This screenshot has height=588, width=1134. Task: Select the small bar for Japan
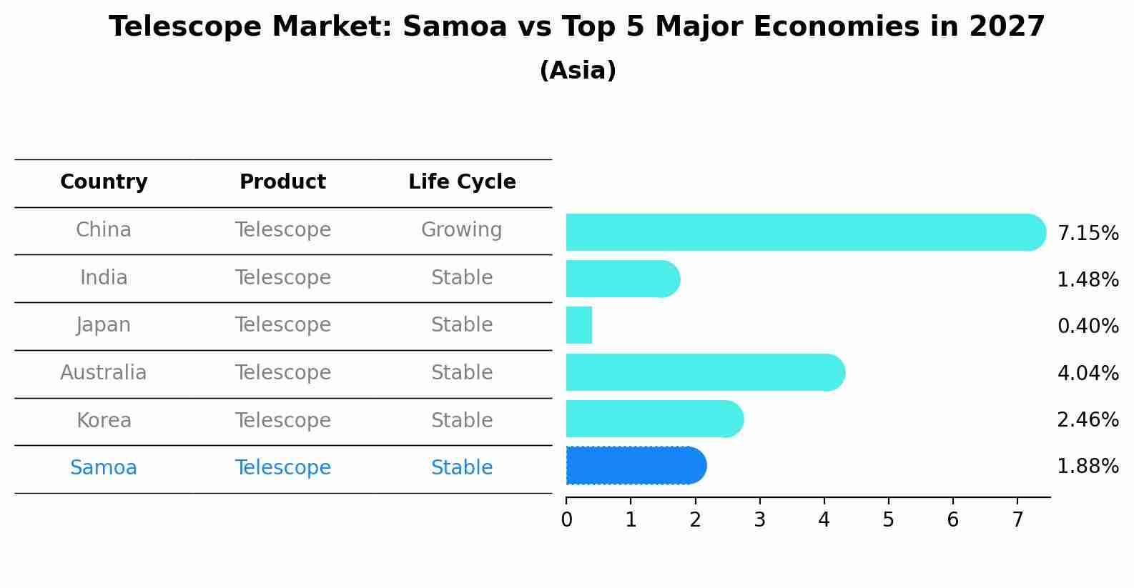pyautogui.click(x=579, y=325)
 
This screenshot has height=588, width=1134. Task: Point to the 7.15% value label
pyautogui.click(x=1088, y=234)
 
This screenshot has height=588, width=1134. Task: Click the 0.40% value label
pyautogui.click(x=1088, y=327)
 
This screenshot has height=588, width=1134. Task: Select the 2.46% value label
pyautogui.click(x=1088, y=420)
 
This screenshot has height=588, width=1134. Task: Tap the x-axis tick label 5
pyautogui.click(x=888, y=520)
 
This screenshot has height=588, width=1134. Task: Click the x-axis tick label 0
pyautogui.click(x=566, y=520)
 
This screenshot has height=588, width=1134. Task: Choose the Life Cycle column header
pyautogui.click(x=462, y=182)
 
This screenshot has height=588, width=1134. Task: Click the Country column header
pyautogui.click(x=104, y=182)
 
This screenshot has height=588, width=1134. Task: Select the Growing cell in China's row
pyautogui.click(x=461, y=230)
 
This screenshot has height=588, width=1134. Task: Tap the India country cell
pyautogui.click(x=104, y=278)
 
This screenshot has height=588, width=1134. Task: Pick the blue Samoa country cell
pyautogui.click(x=104, y=468)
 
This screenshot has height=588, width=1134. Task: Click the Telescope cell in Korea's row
pyautogui.click(x=282, y=421)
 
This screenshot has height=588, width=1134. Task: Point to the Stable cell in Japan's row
pyautogui.click(x=461, y=325)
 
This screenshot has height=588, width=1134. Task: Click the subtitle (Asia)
pyautogui.click(x=577, y=71)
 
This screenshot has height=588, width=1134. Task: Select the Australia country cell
pyautogui.click(x=104, y=373)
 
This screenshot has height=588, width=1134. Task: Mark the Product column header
pyautogui.click(x=282, y=182)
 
